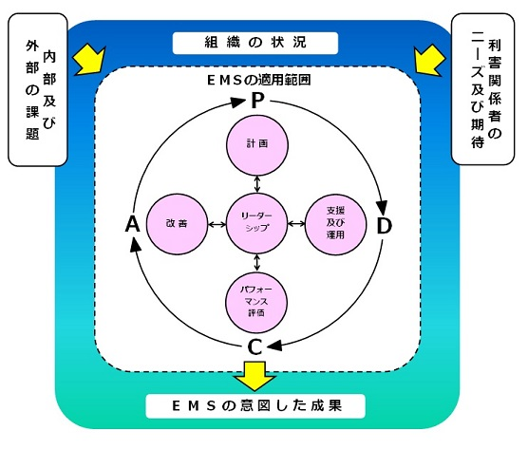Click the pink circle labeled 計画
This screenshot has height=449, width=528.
[x=257, y=145]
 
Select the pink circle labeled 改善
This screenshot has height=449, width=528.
[x=177, y=224]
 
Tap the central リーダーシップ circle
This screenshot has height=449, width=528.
[x=257, y=223]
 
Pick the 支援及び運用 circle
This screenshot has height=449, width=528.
[x=335, y=223]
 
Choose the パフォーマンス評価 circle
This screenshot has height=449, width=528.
[x=256, y=302]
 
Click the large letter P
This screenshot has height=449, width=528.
[x=258, y=101]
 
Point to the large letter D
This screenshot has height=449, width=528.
[x=384, y=226]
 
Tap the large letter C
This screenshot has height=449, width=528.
[x=255, y=347]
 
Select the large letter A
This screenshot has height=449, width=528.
[x=132, y=224]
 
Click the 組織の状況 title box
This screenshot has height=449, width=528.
[x=255, y=43]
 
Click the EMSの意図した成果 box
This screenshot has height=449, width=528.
[x=255, y=406]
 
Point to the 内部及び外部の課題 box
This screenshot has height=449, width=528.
[x=38, y=90]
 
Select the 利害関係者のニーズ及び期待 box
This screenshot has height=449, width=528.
[x=482, y=89]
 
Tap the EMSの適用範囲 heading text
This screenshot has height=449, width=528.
[x=258, y=81]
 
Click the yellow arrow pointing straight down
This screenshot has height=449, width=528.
[x=255, y=376]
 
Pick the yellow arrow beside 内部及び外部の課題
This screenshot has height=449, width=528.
[x=89, y=60]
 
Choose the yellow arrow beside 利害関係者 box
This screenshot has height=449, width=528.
[x=428, y=61]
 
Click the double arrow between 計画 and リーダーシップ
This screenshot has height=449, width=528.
[x=257, y=184]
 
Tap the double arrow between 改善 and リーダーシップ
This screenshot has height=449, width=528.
[x=217, y=224]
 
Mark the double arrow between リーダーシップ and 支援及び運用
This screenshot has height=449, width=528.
[x=296, y=223]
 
